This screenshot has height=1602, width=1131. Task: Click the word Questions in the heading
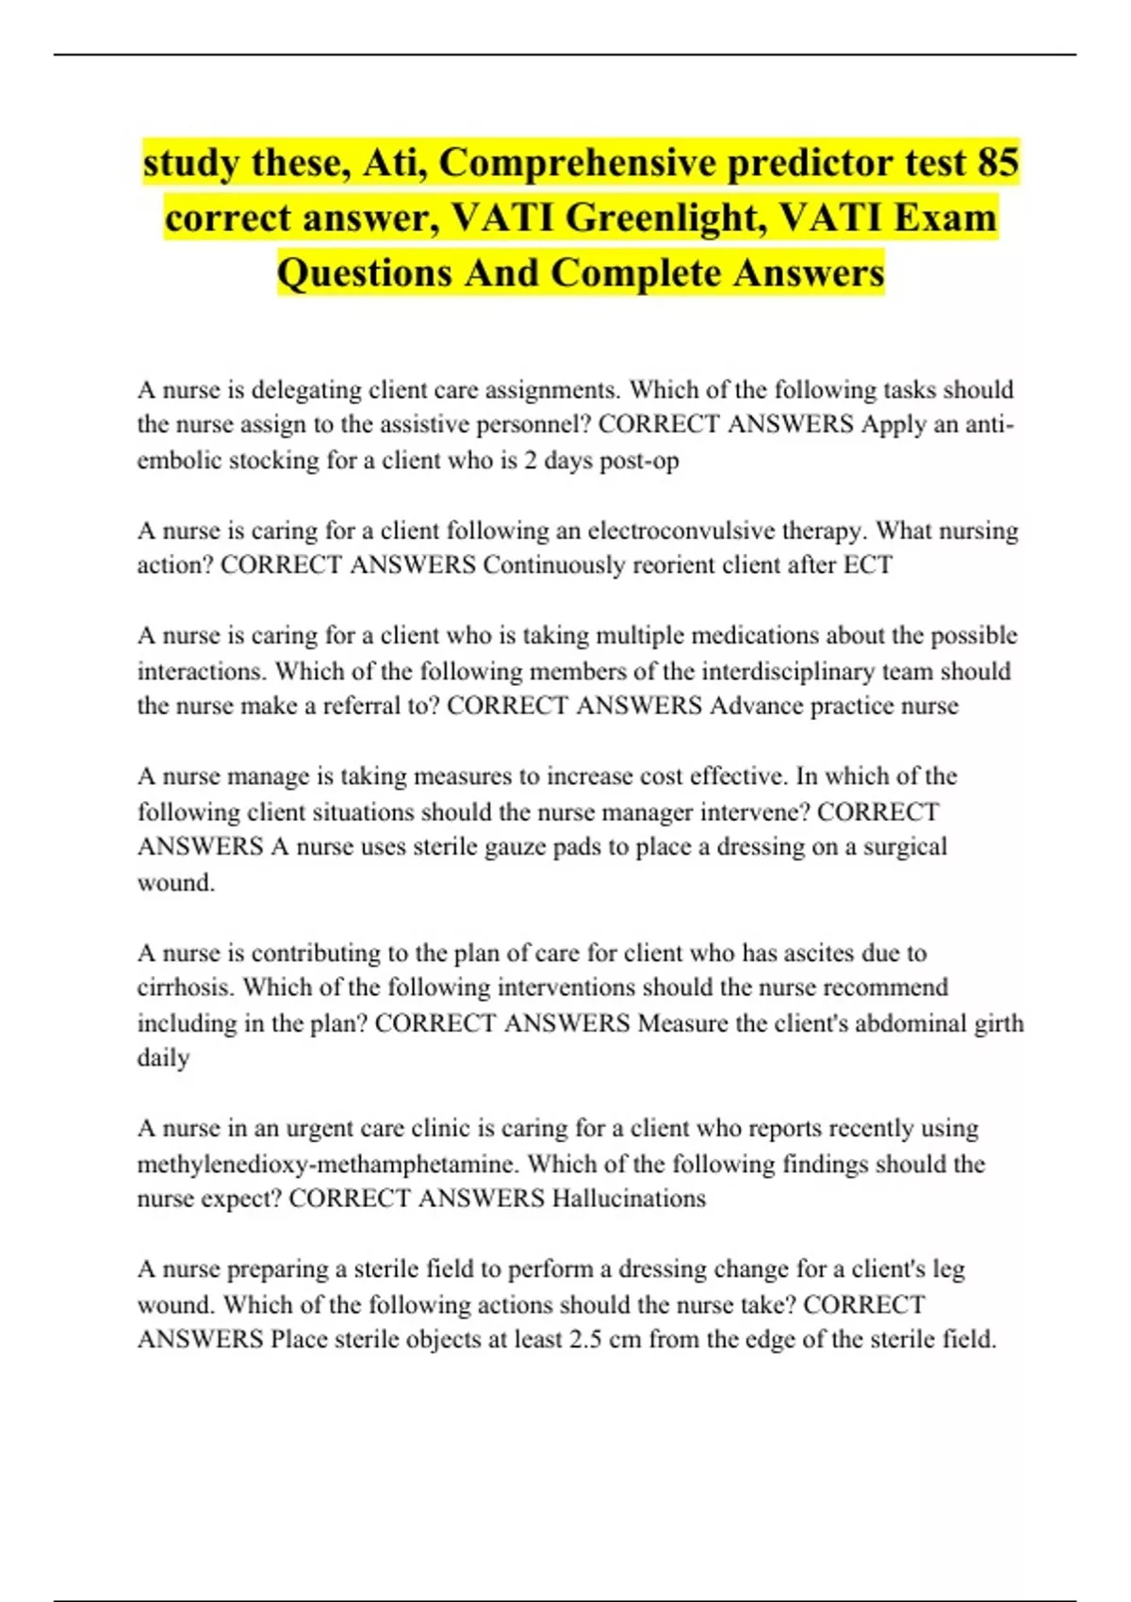coord(365,272)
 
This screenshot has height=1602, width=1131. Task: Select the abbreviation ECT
coord(869,565)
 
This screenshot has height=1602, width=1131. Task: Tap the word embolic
coord(180,460)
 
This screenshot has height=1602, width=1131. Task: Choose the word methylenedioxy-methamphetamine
coord(327,1164)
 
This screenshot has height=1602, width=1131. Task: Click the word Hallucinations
coord(629,1199)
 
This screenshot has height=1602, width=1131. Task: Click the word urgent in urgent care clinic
coord(326,1129)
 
